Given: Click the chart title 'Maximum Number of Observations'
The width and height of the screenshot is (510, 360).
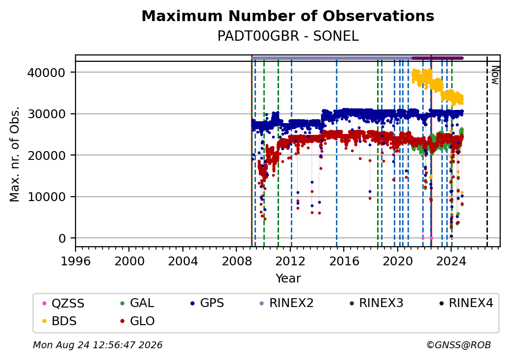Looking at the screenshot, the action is (x=288, y=16).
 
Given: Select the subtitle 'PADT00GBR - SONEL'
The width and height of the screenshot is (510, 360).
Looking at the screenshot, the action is (x=288, y=36).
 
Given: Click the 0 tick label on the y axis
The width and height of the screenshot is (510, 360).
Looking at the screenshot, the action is (x=62, y=238).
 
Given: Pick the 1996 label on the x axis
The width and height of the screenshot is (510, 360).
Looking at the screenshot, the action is (x=76, y=261).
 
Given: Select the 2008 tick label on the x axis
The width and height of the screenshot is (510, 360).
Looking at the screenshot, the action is (x=236, y=261).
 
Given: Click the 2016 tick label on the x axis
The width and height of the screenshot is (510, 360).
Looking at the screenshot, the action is (x=344, y=261).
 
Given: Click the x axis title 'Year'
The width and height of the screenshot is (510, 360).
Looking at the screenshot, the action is (x=288, y=279).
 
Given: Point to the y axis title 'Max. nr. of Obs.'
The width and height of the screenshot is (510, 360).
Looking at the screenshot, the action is (x=15, y=154).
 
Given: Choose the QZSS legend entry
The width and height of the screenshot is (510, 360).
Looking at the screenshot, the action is (x=63, y=303).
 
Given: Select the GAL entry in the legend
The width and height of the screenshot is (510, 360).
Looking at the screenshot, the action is (x=137, y=303).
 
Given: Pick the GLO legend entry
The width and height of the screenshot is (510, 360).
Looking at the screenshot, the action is (x=137, y=321).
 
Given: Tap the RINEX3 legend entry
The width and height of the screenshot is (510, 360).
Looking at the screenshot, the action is (x=376, y=303).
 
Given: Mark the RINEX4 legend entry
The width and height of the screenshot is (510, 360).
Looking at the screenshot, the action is (x=466, y=303).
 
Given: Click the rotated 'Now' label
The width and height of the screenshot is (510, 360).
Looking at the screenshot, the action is (x=495, y=75).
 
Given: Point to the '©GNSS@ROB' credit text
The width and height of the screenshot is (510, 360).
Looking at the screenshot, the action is (x=459, y=345).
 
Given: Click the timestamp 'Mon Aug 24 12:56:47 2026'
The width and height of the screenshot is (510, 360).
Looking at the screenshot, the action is (x=98, y=345).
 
